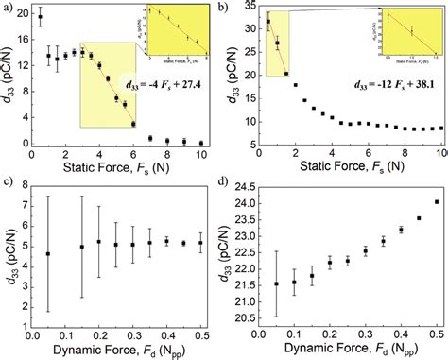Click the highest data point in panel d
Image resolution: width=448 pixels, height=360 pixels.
436,201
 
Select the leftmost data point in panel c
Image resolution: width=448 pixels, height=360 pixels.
48,253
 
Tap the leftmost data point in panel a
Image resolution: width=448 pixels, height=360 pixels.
40,16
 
